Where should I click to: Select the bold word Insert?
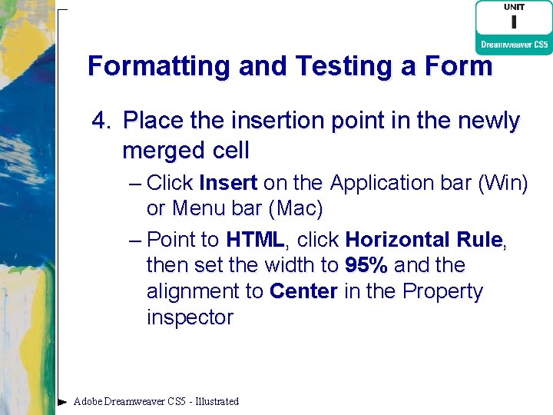227,183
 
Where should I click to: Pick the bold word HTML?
255,240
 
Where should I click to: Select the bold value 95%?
366,266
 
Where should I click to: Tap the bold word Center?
303,292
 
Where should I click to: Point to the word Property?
443,292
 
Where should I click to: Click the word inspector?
190,318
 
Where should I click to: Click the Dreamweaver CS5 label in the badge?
514,45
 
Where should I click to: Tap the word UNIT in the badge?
514,7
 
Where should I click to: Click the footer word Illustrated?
217,401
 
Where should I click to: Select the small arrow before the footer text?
62,401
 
